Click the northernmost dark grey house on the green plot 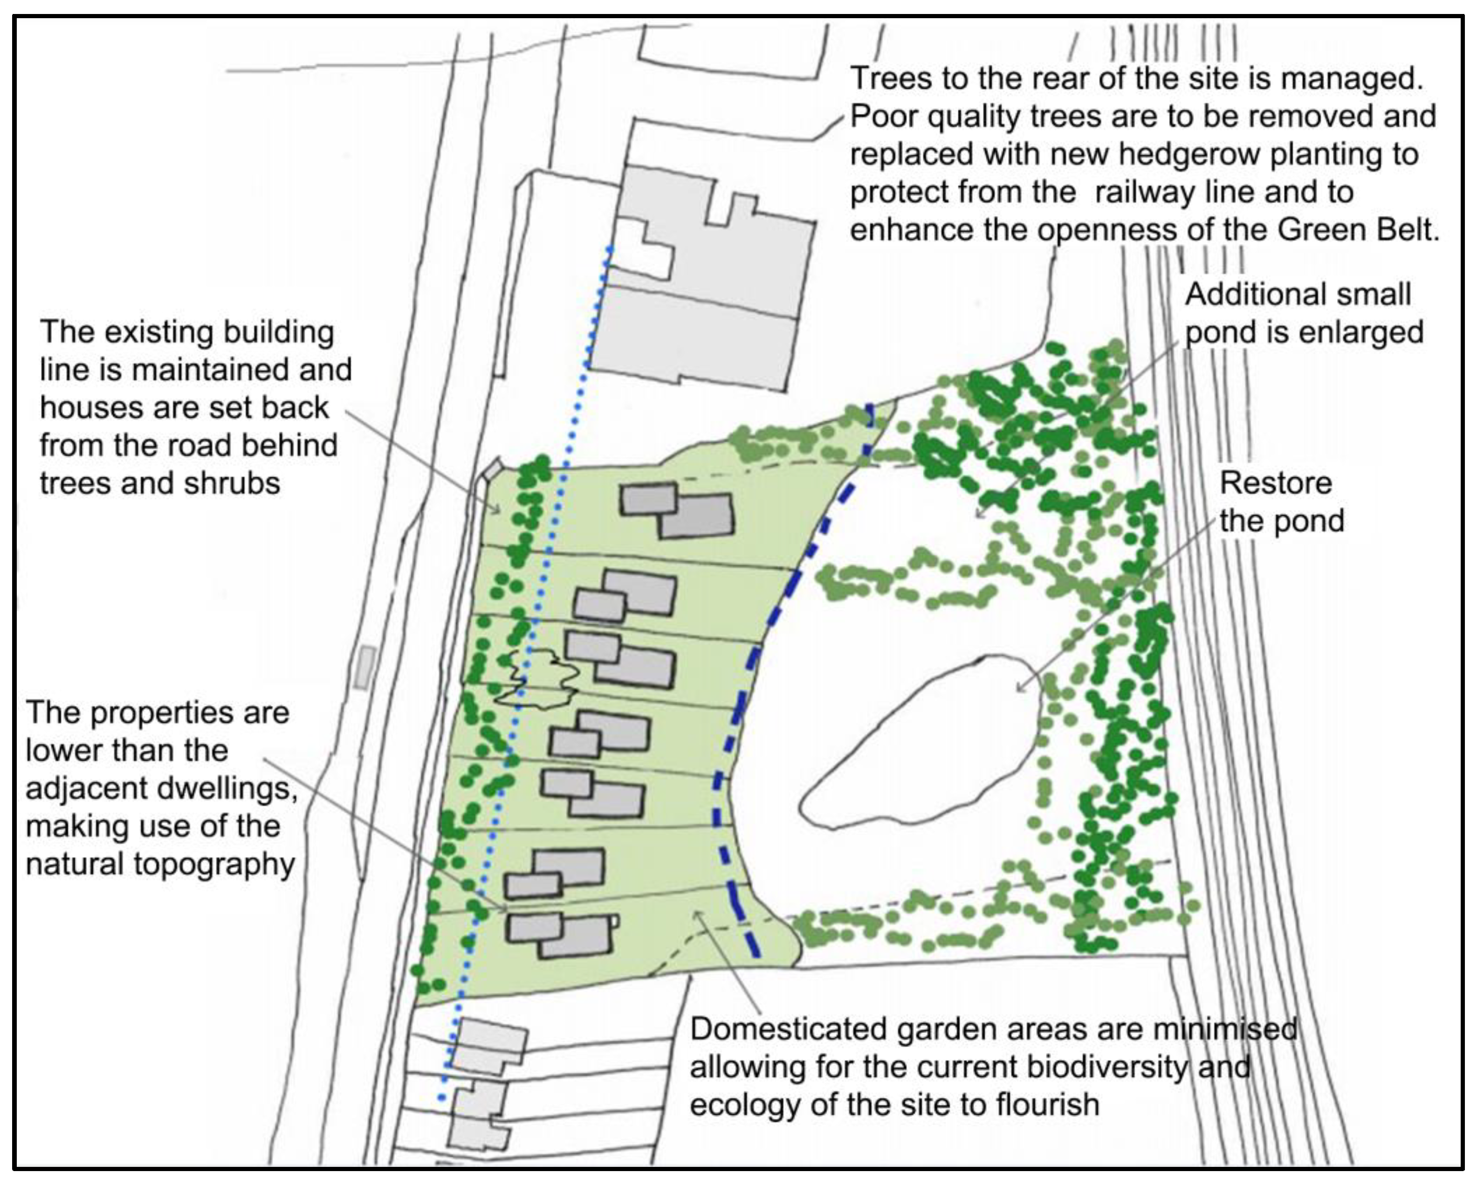(676, 510)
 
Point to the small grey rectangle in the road (366, 667)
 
